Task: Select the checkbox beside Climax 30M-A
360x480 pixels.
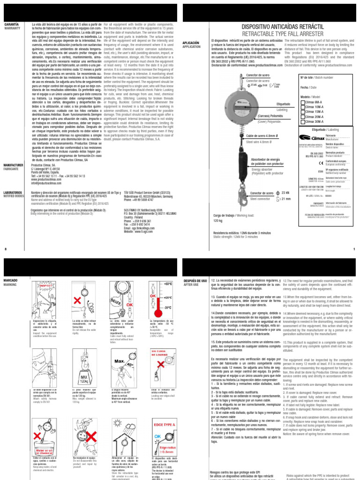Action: pos(302,121)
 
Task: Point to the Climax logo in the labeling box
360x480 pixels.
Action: pos(309,138)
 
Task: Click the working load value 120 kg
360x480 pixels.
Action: pos(217,220)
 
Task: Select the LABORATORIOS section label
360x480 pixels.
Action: pos(14,192)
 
